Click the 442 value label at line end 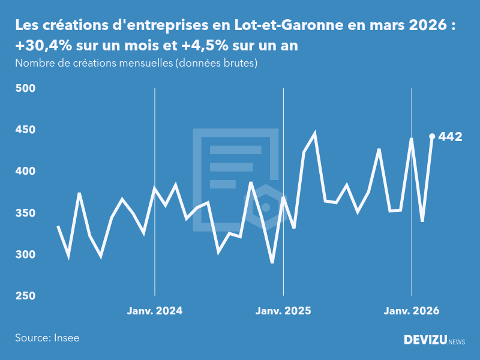[x=450, y=137]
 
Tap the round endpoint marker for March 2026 [x=432, y=136]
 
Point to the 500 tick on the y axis [x=25, y=88]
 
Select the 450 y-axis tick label [x=25, y=130]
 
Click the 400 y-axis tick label [x=25, y=172]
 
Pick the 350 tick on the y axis [x=25, y=213]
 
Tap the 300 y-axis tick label [x=25, y=254]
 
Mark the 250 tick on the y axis [x=25, y=296]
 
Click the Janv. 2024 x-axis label [x=155, y=311]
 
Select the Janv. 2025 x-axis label [x=283, y=311]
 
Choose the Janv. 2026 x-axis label [x=412, y=311]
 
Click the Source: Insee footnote [x=47, y=338]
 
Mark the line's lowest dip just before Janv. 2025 [x=272, y=262]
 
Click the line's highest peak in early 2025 [x=314, y=134]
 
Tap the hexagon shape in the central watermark [x=266, y=207]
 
